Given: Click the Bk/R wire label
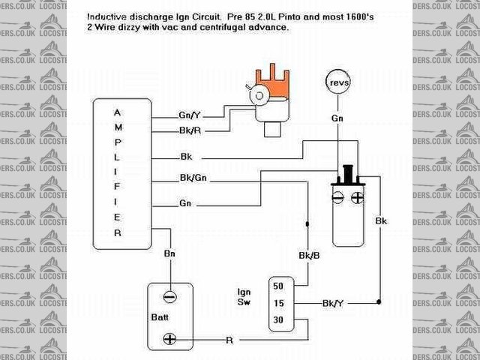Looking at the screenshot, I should pos(188,130).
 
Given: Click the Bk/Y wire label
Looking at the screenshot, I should pos(333,303).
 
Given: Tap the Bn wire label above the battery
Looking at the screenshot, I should pos(170,254).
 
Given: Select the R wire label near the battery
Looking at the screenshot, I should pos(229,340).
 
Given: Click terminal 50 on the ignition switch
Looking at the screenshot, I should pos(278,286).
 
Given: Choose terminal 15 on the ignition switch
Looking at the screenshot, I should pos(278,303).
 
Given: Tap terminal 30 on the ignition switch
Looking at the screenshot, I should pos(278,320).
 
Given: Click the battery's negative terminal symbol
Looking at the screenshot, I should pos(170,296).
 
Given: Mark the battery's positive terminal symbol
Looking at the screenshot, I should pos(170,339).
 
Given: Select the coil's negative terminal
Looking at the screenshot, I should pos(337,198).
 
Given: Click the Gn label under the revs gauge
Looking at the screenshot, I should pos(337,118).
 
